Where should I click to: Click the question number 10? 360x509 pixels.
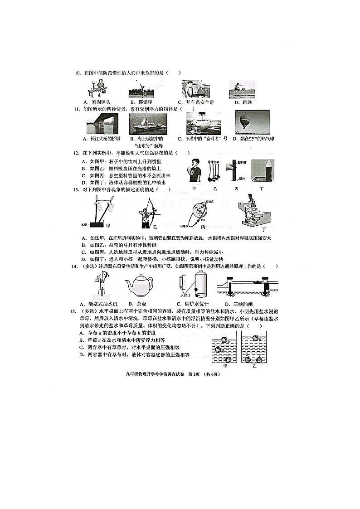(x=78, y=73)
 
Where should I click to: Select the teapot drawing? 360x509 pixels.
(x=139, y=286)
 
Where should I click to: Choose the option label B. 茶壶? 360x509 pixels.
(x=137, y=304)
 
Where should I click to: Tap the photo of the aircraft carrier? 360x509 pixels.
(x=147, y=124)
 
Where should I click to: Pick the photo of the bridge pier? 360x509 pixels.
(x=102, y=123)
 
